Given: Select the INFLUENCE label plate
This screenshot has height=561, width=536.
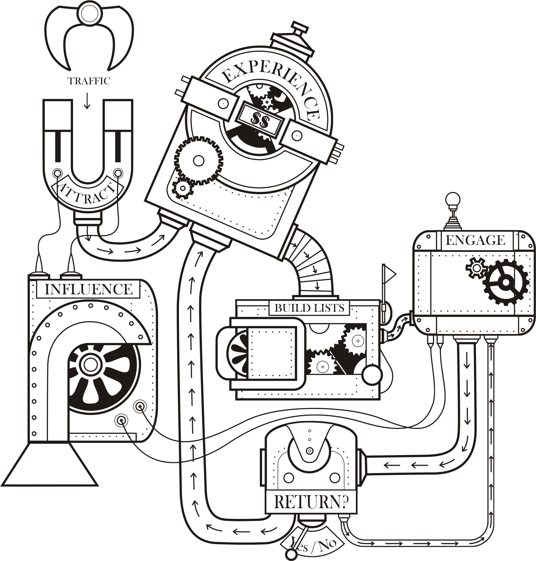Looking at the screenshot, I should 89,289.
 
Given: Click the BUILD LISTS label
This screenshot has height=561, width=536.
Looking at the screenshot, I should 310,308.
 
